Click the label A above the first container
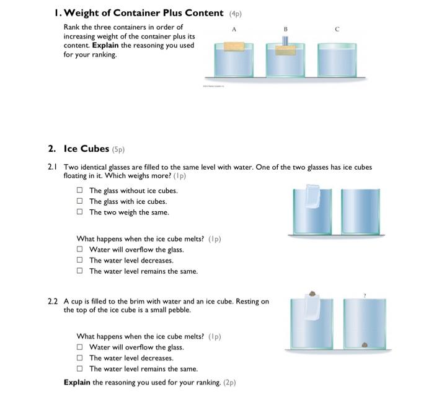234,28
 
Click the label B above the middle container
285,28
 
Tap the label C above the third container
337,28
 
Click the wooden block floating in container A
234,46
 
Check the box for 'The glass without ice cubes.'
79,191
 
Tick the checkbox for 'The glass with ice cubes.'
79,201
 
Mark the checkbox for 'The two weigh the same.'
79,212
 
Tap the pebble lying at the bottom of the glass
364,344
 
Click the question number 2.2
53,302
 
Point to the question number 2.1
53,167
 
